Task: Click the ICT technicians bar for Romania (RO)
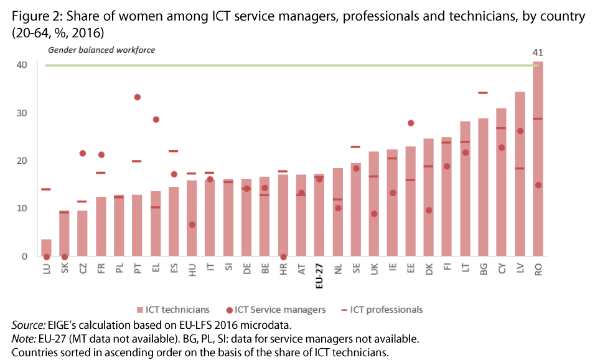click(538, 159)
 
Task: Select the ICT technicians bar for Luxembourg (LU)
click(46, 248)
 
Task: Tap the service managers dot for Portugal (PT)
click(137, 97)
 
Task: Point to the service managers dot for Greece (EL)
click(156, 120)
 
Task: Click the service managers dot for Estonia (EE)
click(411, 123)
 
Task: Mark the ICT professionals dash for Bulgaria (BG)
click(483, 93)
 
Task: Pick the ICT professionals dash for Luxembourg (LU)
click(46, 189)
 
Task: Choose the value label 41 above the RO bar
click(538, 53)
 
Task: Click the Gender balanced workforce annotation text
click(101, 50)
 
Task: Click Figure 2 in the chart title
click(32, 17)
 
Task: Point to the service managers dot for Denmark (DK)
click(429, 210)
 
